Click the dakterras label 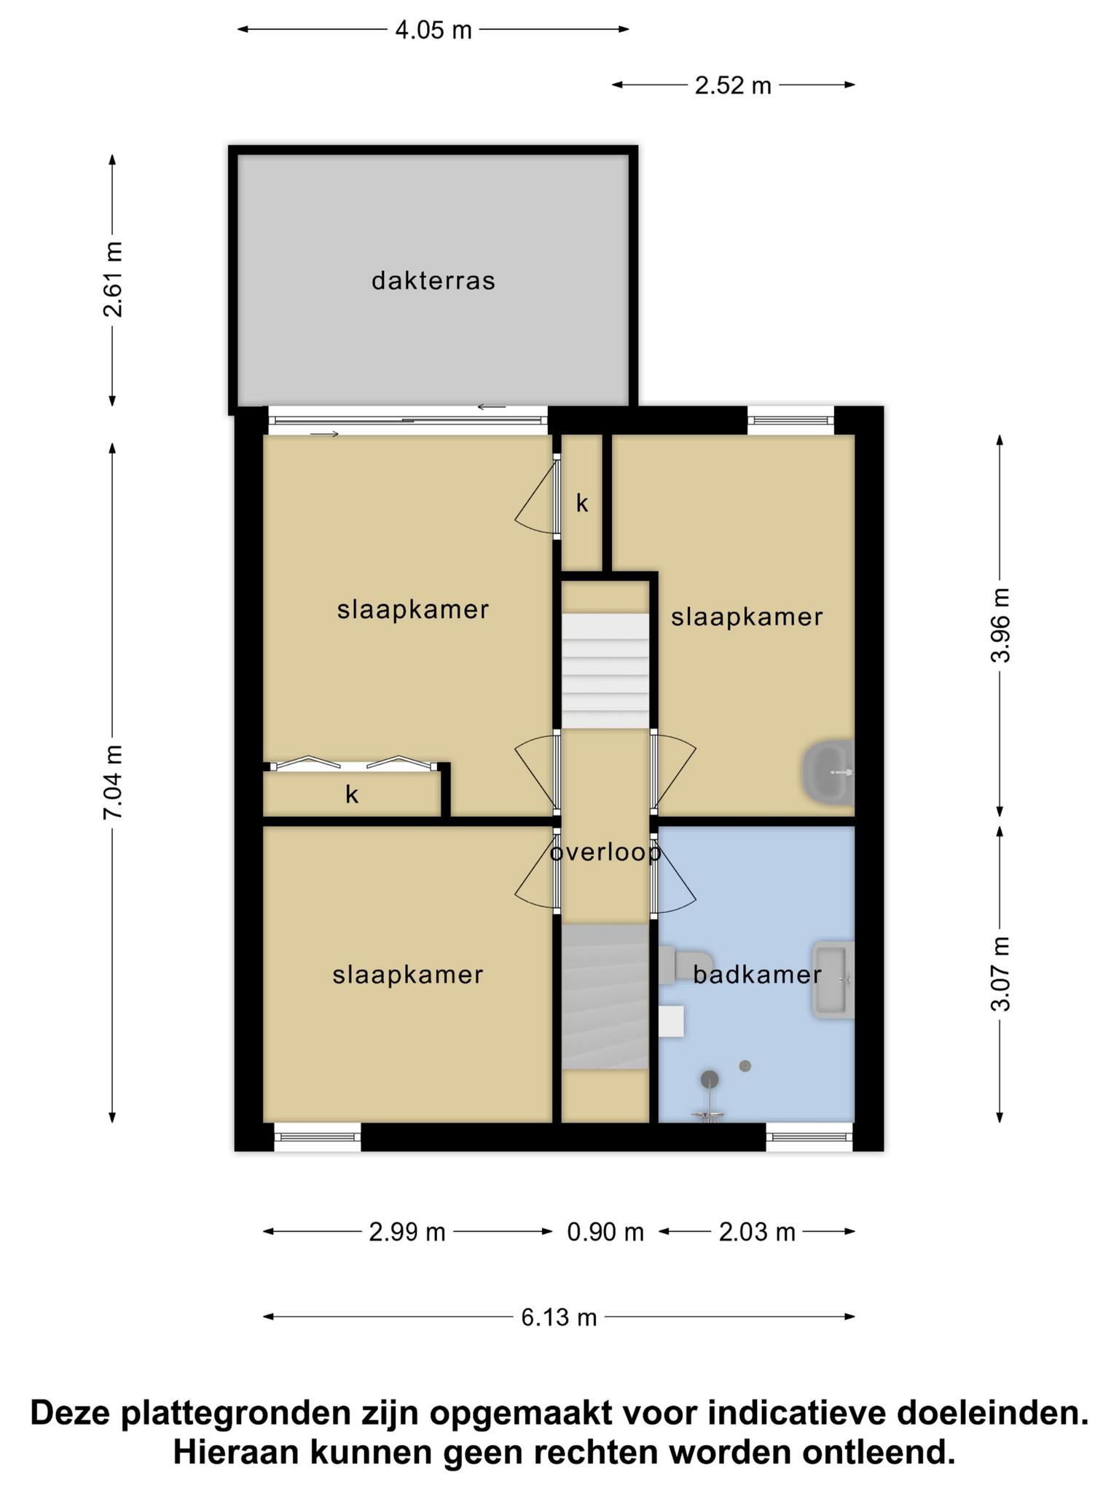[433, 280]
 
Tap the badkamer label [757, 974]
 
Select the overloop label [605, 851]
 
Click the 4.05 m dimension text [433, 30]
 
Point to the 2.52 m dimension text [733, 85]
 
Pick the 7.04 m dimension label [113, 783]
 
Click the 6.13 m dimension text [559, 1317]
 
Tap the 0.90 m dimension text [605, 1232]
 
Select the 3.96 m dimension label [1001, 625]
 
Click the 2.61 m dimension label [113, 280]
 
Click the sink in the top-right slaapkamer [828, 772]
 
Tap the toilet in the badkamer [685, 965]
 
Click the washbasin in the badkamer [833, 979]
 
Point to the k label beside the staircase [582, 503]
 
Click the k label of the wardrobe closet [352, 794]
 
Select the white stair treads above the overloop [605, 671]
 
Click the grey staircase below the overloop [605, 997]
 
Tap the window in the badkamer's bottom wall [809, 1136]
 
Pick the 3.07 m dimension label [1001, 973]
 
